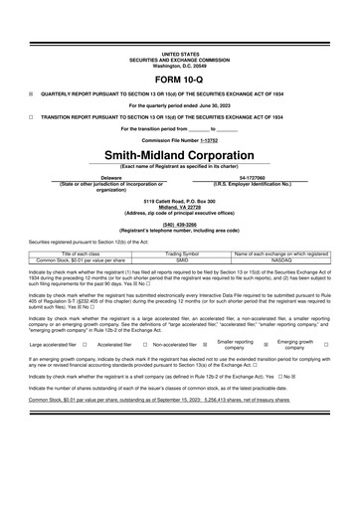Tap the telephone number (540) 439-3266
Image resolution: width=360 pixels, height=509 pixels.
[x=179, y=225]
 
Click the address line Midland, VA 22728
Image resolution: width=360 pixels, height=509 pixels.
[x=179, y=208]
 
